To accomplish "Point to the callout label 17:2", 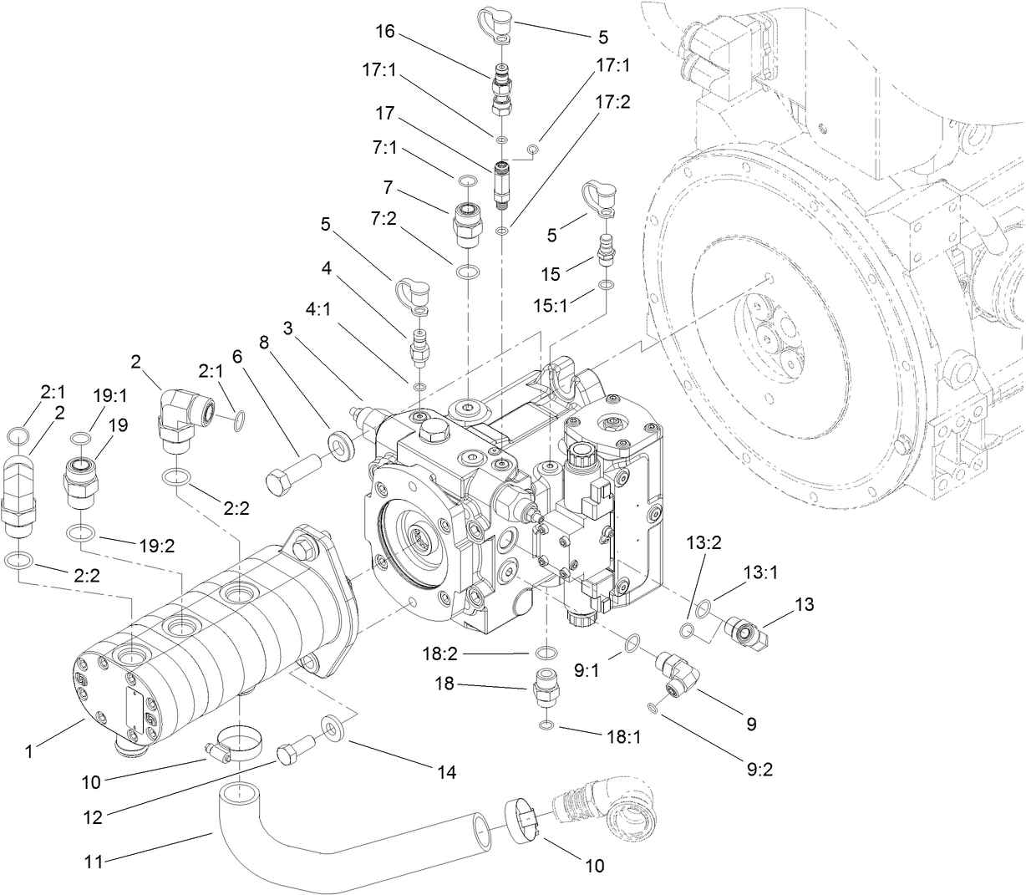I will tap(613, 101).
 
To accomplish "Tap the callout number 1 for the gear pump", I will tap(29, 751).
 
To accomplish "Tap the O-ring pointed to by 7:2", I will tap(469, 272).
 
